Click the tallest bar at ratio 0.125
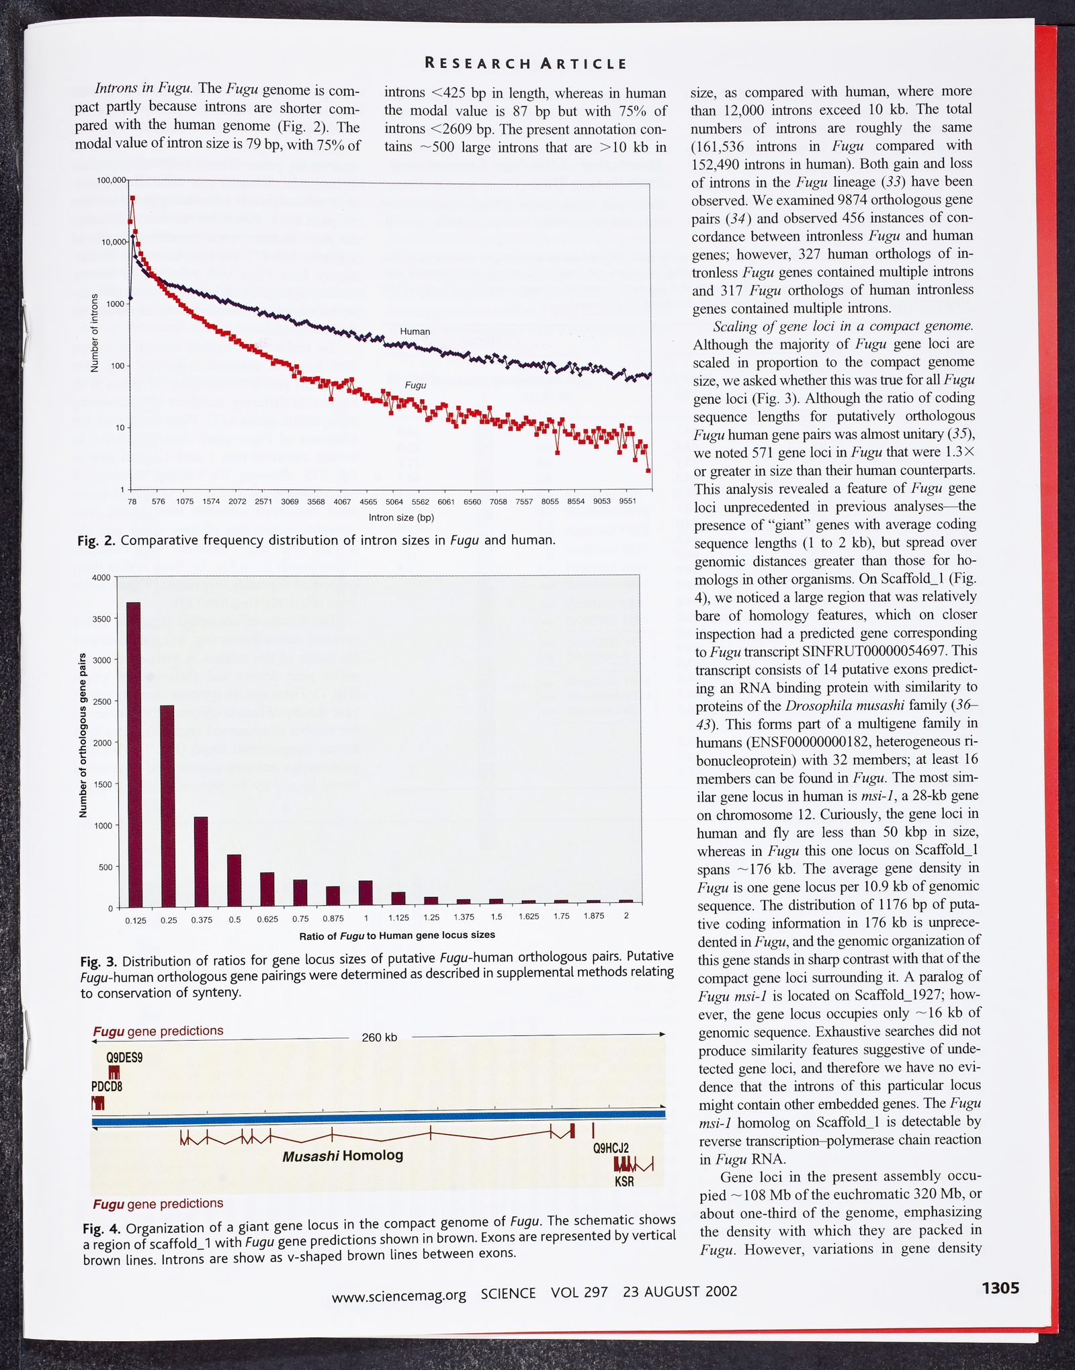coord(134,754)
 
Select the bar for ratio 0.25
coord(167,806)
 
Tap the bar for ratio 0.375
coord(201,861)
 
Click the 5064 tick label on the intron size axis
coord(394,502)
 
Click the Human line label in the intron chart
coord(415,331)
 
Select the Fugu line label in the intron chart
coord(415,386)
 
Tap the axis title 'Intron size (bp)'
coord(401,518)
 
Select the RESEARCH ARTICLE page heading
coord(526,64)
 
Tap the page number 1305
coord(1000,1288)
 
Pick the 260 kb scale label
coord(380,1037)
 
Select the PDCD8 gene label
coord(107,1086)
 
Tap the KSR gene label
coord(624,1181)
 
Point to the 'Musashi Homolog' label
coord(343,1156)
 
